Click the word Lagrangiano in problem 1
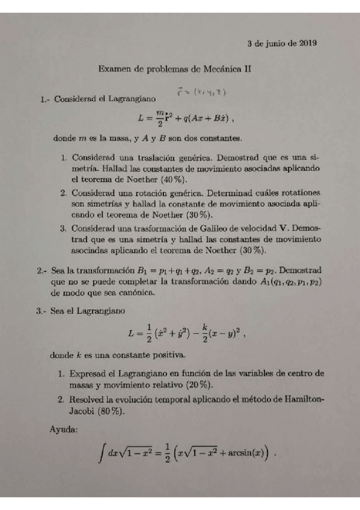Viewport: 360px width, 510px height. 130,97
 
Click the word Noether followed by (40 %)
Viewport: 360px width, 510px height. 143,179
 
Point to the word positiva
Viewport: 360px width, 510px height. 165,355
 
